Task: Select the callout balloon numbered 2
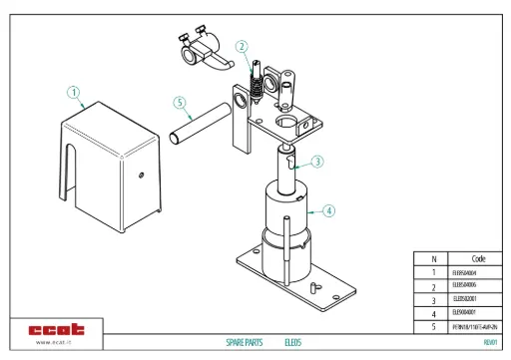coord(242,46)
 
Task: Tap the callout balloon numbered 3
coord(316,161)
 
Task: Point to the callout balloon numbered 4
coord(329,210)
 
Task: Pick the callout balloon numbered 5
coord(180,102)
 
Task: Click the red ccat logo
coord(57,329)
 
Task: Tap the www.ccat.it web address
coord(57,343)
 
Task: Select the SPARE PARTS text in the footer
coord(245,342)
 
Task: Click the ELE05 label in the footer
coord(292,342)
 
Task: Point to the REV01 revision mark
coord(489,342)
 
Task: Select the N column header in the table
coord(433,257)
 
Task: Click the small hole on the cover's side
coord(141,177)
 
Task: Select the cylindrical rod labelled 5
coord(201,125)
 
